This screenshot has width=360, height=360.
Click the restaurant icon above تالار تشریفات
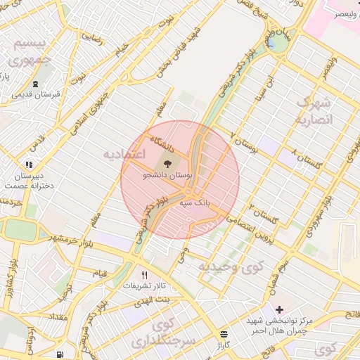click(x=145, y=275)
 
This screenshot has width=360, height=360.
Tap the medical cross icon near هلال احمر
click(x=280, y=309)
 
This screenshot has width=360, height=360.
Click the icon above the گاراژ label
click(x=224, y=333)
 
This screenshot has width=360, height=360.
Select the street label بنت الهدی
click(x=163, y=300)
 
